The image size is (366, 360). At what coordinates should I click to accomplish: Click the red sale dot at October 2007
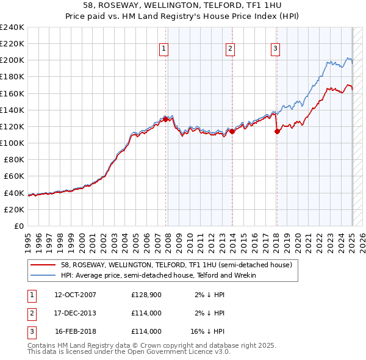(166, 120)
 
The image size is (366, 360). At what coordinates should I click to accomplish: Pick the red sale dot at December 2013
(232, 131)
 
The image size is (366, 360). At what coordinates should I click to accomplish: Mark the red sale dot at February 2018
(277, 131)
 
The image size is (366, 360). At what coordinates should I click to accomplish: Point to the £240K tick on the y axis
(13, 27)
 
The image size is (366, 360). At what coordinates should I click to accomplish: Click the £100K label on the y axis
(13, 143)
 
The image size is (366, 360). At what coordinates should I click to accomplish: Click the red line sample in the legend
(44, 265)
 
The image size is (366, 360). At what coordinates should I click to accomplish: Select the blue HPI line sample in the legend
(44, 275)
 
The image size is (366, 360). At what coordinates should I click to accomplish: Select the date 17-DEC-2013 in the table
(75, 314)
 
